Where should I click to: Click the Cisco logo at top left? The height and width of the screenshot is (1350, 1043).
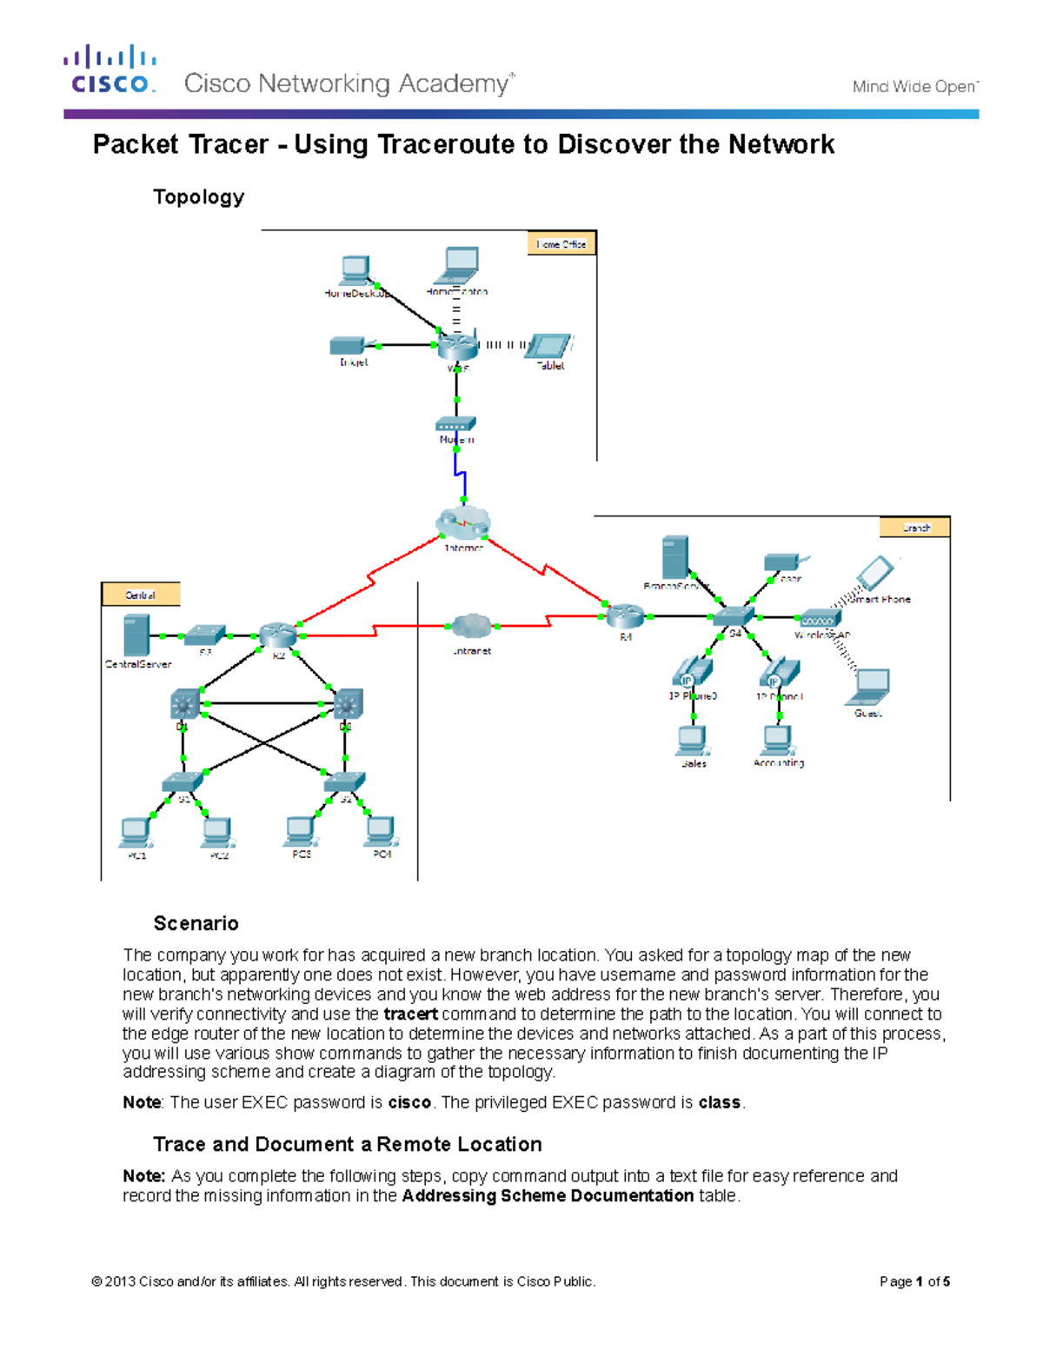[x=110, y=70]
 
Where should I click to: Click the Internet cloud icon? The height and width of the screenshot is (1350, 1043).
[x=463, y=523]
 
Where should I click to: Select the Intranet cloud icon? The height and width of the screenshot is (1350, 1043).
[x=472, y=626]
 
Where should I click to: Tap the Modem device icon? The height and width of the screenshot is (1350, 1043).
[x=455, y=424]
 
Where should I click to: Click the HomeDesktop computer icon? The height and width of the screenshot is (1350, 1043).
[x=355, y=270]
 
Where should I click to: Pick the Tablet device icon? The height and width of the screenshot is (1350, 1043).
[x=549, y=345]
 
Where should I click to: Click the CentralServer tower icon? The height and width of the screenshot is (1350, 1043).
[x=136, y=635]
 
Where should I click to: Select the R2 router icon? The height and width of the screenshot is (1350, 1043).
[x=278, y=635]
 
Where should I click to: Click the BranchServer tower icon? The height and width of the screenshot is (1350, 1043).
[x=675, y=558]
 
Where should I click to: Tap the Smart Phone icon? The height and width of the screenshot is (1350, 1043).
[x=874, y=574]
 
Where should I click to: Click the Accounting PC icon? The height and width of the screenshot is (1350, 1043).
[x=777, y=740]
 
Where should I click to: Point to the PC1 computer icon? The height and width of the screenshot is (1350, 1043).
[x=136, y=832]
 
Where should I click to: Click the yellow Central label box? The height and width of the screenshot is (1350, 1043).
[x=141, y=595]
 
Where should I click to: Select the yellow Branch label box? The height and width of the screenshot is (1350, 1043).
[x=915, y=528]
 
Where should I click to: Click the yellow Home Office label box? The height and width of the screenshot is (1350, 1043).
[x=561, y=244]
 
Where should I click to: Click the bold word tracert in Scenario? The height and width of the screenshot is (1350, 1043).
[x=410, y=1014]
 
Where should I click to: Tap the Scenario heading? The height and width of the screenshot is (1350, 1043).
[x=196, y=923]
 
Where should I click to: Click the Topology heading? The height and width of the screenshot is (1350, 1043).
[x=198, y=197]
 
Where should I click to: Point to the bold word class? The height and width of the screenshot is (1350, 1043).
[x=719, y=1102]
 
